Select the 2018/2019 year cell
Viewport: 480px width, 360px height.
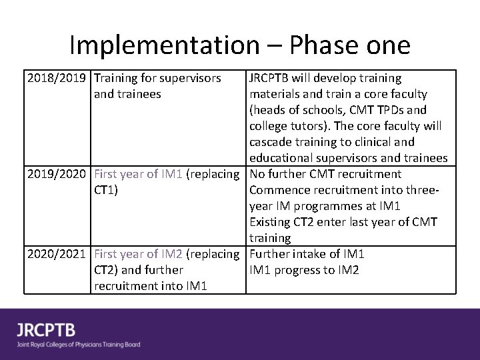coord(57,78)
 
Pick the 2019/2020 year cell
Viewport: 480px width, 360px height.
coord(57,174)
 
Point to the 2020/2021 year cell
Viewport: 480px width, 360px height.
coord(57,254)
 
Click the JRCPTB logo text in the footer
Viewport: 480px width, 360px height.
coord(46,330)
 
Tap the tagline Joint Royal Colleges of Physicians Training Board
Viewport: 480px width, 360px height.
coord(79,345)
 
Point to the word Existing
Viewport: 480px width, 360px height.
coord(271,222)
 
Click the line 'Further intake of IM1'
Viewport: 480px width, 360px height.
coord(307,254)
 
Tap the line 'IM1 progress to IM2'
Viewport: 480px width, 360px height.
coord(304,270)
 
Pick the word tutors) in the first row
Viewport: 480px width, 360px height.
coord(312,126)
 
